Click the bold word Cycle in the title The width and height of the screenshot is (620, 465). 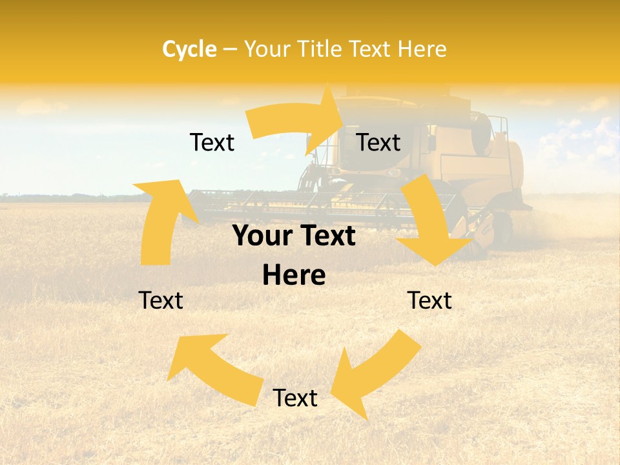click(189, 49)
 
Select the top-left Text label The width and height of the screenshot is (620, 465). click(212, 142)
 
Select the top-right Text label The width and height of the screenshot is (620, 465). click(378, 142)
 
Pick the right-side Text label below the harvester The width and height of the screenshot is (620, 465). click(429, 300)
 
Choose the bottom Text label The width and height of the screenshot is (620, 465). click(295, 398)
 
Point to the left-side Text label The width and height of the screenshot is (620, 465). click(161, 300)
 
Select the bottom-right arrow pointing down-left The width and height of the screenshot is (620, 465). click(375, 375)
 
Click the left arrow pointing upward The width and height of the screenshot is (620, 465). click(161, 220)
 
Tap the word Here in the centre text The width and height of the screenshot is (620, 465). click(294, 276)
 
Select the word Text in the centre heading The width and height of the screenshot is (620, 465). click(326, 236)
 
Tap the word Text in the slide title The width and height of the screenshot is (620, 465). click(370, 49)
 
